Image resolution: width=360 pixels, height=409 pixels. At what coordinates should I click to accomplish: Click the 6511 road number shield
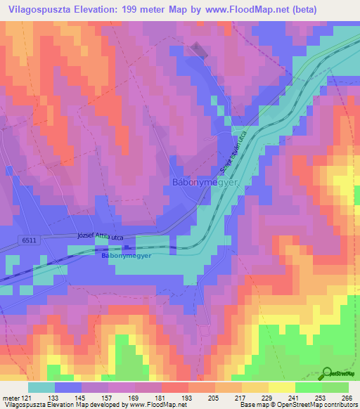[29, 240]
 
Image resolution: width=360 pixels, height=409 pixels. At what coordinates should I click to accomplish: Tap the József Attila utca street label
[98, 238]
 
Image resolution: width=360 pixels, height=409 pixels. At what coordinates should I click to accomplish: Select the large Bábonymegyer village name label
[206, 183]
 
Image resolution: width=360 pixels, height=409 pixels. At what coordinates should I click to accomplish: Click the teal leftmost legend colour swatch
[41, 388]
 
